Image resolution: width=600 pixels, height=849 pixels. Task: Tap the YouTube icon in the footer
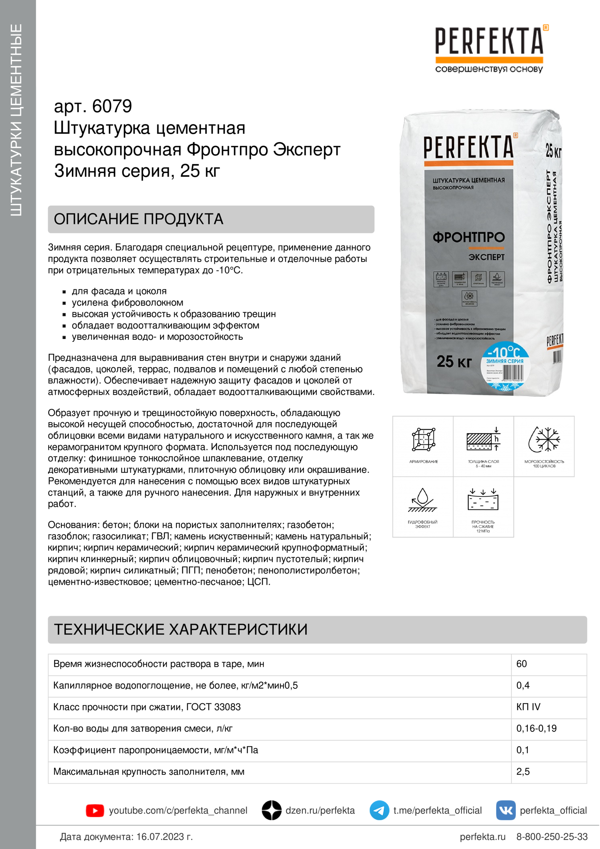click(x=95, y=811)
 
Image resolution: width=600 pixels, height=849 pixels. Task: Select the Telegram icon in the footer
click(x=379, y=810)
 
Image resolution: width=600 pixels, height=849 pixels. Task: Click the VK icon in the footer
click(x=505, y=810)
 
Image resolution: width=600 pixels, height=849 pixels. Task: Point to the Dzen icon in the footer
click(x=272, y=810)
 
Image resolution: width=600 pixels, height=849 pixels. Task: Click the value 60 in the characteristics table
click(x=522, y=664)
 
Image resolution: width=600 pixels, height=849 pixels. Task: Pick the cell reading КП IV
click(x=528, y=707)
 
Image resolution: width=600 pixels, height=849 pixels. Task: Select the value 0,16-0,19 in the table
click(x=536, y=728)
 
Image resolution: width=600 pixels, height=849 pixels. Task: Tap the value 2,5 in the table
click(x=523, y=771)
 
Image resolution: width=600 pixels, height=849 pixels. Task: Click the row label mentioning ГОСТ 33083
click(x=147, y=707)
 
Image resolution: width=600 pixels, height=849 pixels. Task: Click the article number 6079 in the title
click(x=112, y=106)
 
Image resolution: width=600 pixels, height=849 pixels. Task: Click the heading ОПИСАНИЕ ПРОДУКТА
click(x=139, y=219)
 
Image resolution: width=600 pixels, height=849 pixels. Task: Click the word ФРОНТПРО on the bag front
click(x=468, y=237)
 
